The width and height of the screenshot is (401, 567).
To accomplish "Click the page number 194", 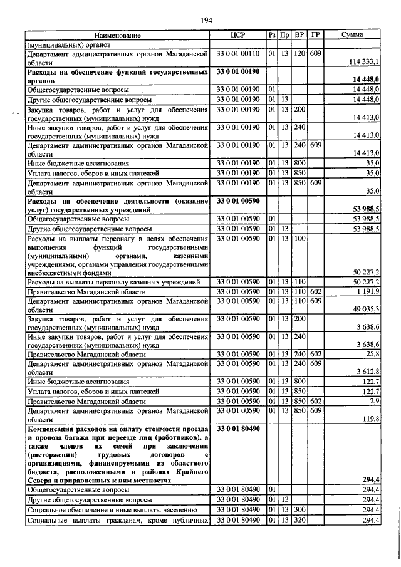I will tap(206, 21).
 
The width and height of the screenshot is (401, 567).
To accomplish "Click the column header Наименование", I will tap(118, 36).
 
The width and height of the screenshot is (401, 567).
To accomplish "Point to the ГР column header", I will tap(316, 36).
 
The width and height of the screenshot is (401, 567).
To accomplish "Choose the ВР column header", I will tap(300, 36).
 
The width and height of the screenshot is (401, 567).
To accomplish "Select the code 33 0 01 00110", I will tap(238, 54).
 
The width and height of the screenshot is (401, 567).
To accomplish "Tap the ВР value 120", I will tap(299, 54).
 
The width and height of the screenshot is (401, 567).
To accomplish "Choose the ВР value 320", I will tap(299, 520).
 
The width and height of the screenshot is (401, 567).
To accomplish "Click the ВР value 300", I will tap(299, 510).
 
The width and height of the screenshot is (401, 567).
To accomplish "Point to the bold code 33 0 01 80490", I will tap(238, 428).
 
